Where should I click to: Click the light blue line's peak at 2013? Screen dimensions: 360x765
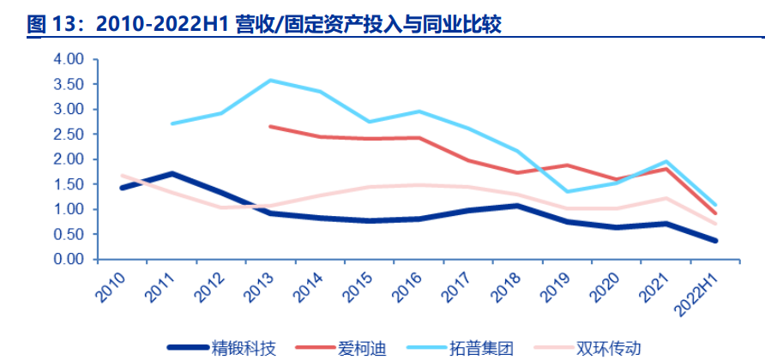[x=270, y=81]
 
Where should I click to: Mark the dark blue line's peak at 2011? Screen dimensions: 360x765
[x=172, y=173]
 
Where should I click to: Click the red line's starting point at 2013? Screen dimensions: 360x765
[x=270, y=126]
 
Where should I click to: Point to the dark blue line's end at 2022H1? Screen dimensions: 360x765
[x=715, y=241]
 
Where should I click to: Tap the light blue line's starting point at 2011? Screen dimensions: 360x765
[x=172, y=123]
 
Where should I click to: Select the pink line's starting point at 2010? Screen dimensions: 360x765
[x=123, y=175]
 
